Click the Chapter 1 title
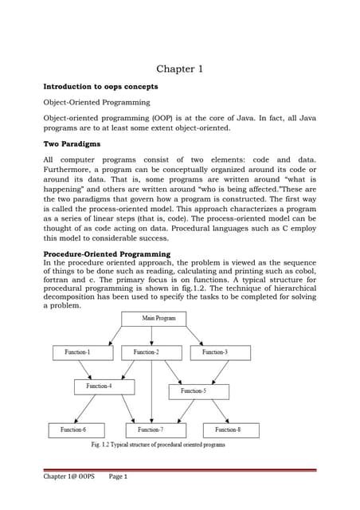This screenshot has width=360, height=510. (x=179, y=69)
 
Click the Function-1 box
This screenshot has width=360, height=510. (x=77, y=351)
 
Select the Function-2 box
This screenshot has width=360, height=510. (x=146, y=351)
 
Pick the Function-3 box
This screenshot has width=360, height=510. (x=214, y=351)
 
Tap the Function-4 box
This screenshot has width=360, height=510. (x=99, y=386)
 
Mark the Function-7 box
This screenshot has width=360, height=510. (x=151, y=430)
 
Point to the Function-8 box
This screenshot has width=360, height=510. (x=227, y=430)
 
